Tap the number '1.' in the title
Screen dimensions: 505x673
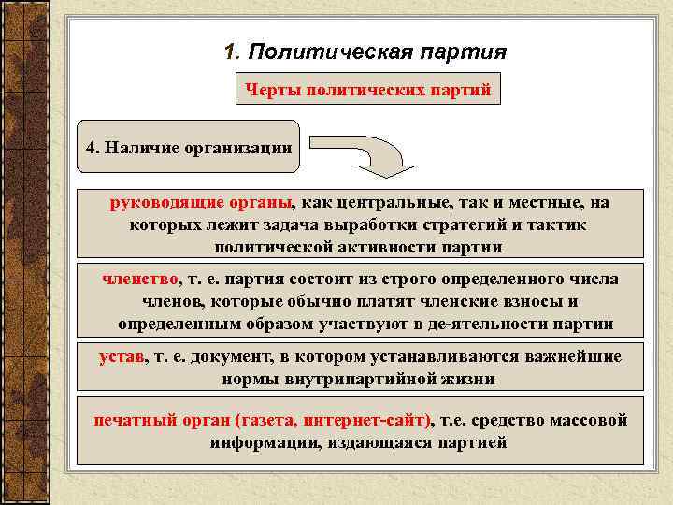tap(235, 51)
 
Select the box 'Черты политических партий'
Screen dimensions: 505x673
tap(367, 91)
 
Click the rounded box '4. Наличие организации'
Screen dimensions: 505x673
tap(188, 147)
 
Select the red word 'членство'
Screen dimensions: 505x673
tap(140, 279)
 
